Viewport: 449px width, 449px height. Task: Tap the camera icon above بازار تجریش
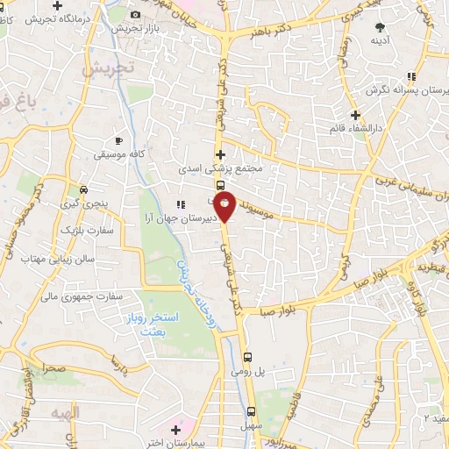[x=135, y=14]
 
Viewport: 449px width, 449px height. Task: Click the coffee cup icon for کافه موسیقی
[x=119, y=140]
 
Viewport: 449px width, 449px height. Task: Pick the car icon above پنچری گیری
[x=83, y=189]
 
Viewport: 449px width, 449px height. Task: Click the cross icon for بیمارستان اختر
[x=176, y=431]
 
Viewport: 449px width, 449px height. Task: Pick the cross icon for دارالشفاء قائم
[x=354, y=115]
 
